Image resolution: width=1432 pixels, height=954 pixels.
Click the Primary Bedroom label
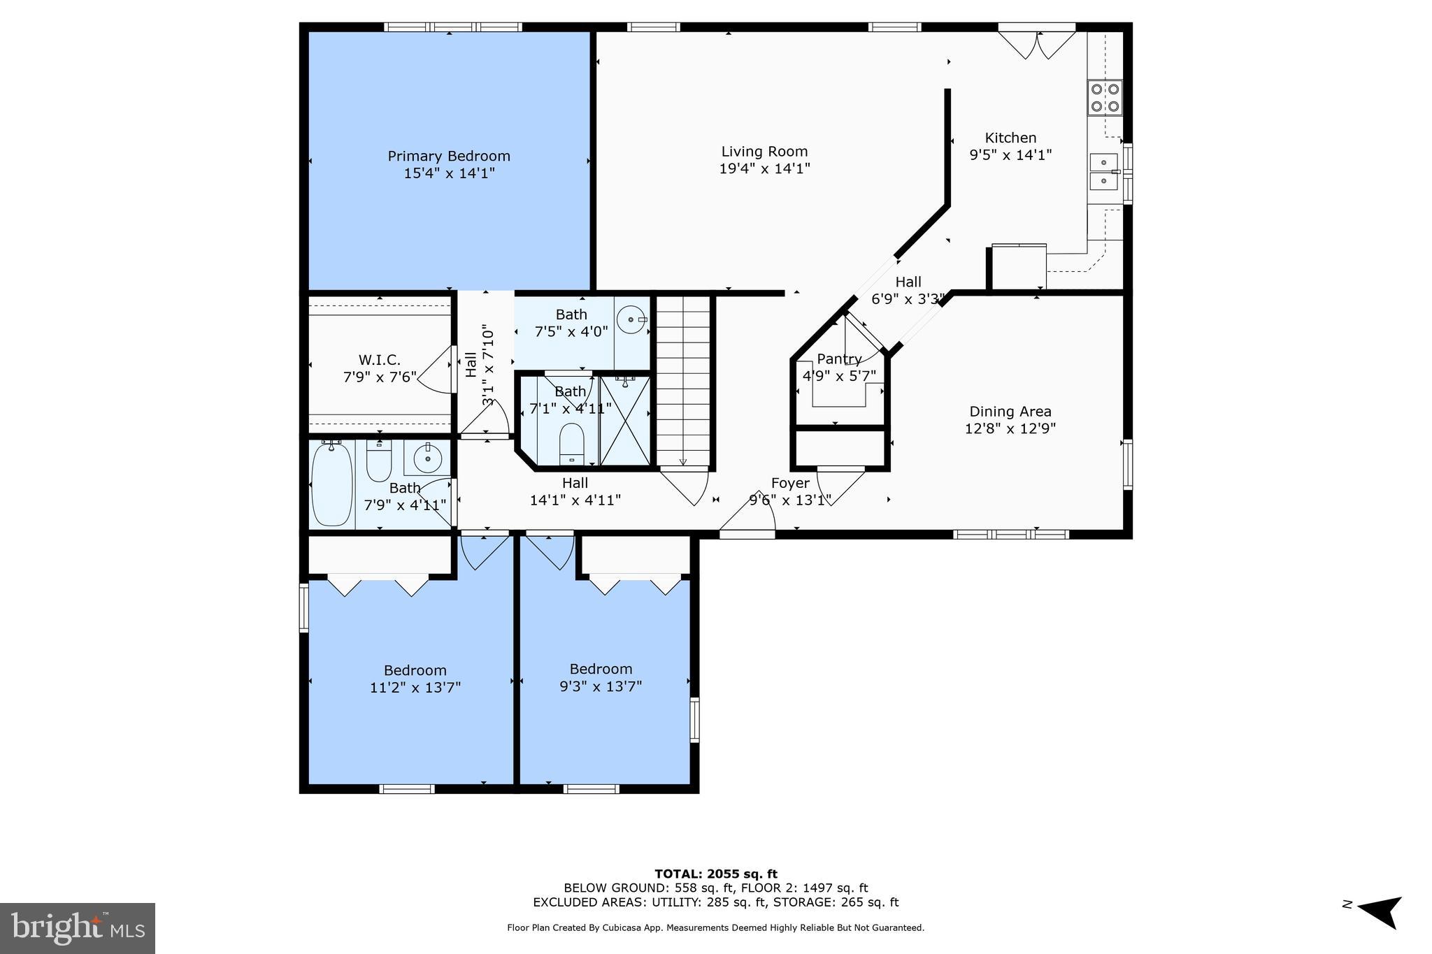(449, 156)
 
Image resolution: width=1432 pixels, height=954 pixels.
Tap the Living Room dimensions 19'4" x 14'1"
(764, 168)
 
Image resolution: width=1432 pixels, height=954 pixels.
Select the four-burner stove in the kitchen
(1105, 98)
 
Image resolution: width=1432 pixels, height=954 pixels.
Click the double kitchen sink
(1104, 172)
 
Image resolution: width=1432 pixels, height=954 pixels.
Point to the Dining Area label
(1010, 412)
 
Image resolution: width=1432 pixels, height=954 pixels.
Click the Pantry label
(839, 359)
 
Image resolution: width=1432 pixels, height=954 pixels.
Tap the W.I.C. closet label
(380, 360)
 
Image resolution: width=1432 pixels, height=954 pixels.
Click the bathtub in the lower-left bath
(332, 484)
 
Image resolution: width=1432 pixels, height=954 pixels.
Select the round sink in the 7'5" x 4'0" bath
(632, 320)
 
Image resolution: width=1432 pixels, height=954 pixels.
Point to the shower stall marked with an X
(625, 421)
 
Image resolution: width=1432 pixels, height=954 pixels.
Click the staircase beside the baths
(683, 382)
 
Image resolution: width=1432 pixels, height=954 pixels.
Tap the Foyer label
(790, 483)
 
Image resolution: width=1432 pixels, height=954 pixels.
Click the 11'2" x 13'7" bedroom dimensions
(415, 688)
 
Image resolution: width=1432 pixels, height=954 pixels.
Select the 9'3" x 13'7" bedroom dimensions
(601, 686)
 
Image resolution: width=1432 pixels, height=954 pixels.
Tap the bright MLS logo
(78, 928)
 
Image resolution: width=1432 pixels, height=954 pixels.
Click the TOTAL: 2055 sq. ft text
(716, 874)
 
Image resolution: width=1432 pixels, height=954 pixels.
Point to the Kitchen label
(1010, 138)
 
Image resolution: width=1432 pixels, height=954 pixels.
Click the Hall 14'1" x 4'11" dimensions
(575, 500)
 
